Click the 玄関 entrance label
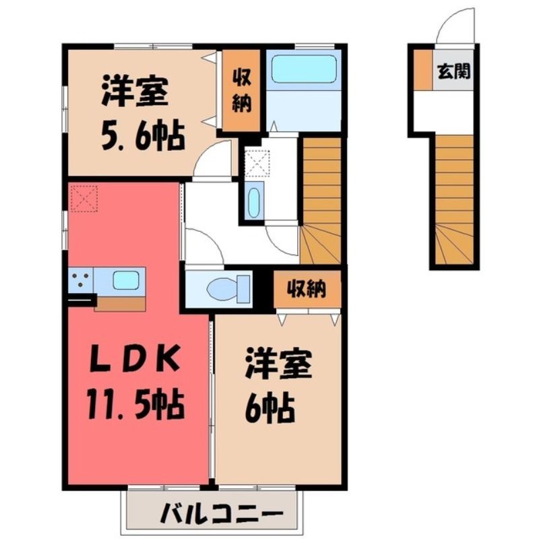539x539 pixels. (x=453, y=71)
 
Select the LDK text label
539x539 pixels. (x=135, y=359)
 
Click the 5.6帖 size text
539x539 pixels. (x=143, y=135)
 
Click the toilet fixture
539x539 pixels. (x=228, y=289)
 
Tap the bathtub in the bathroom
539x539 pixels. (x=304, y=69)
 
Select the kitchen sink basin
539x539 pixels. (x=126, y=280)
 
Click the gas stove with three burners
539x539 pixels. (x=80, y=280)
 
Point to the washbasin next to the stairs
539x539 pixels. (x=254, y=203)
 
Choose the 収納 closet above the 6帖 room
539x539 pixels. (x=307, y=289)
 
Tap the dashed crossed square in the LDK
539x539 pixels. (x=84, y=198)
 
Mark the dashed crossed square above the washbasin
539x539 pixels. (x=257, y=163)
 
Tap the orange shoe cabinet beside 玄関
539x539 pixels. (x=423, y=70)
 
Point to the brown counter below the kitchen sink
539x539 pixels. (x=120, y=304)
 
